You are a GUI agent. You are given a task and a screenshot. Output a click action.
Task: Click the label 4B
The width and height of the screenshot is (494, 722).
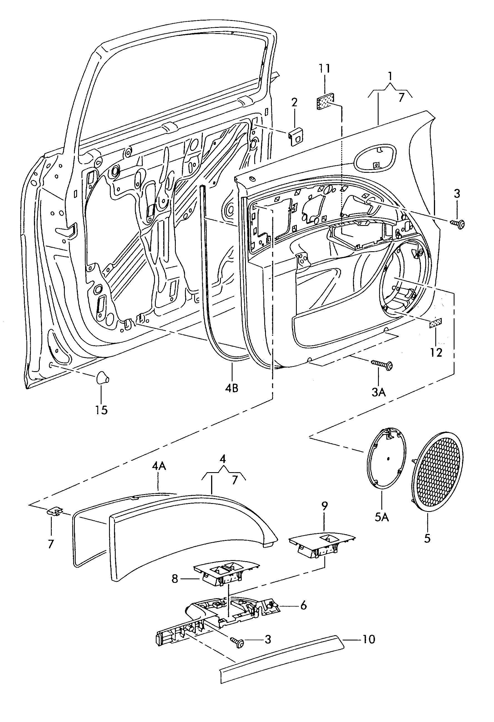point(231,388)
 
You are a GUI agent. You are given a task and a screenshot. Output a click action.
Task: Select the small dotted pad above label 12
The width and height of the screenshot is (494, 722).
point(435,323)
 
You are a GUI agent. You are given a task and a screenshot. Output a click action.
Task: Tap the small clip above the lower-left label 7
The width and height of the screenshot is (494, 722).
point(54,511)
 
